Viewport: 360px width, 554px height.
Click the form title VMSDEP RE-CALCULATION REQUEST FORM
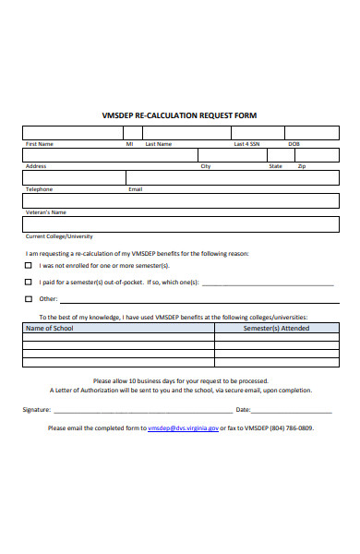[179, 115]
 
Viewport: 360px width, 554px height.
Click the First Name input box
[74, 132]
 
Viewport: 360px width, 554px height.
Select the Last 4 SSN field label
[246, 144]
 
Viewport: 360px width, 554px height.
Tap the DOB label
[294, 144]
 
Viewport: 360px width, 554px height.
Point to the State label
[275, 166]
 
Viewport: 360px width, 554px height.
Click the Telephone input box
[74, 177]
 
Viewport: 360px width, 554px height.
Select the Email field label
[135, 189]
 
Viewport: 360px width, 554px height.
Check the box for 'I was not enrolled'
[29, 266]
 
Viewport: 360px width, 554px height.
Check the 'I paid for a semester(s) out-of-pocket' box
[29, 282]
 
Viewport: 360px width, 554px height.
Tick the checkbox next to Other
[29, 298]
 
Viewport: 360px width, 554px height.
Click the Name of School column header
[50, 328]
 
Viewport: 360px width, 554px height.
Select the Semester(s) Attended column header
[276, 328]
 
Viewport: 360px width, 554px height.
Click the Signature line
[138, 410]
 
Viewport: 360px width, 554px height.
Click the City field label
[206, 166]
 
